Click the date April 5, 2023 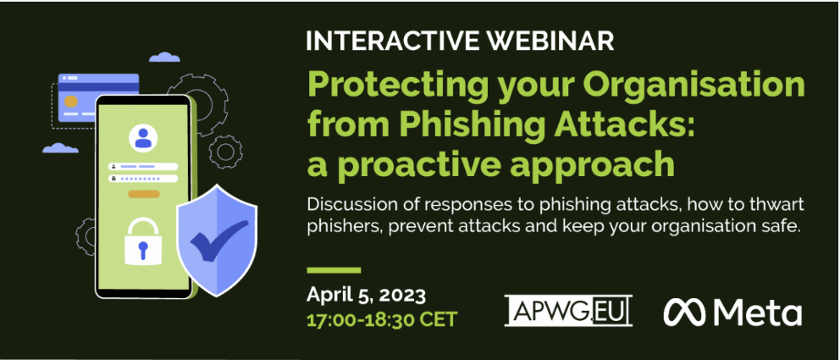(366, 295)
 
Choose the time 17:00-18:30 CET (381, 320)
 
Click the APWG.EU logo (568, 311)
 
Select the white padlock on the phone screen (143, 242)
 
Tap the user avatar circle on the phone (143, 138)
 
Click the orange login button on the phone (143, 194)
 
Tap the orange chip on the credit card (70, 102)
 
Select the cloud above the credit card (164, 57)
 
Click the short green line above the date (334, 270)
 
